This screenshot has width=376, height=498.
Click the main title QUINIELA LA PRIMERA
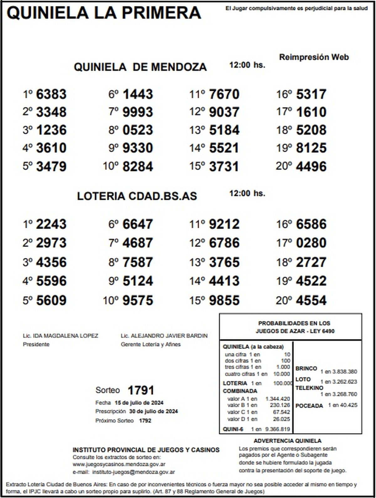pos(104,13)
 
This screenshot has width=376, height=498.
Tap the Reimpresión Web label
pos(314,57)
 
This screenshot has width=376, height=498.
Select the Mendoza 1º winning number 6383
pos(51,94)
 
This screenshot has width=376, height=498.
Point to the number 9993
pos(138,112)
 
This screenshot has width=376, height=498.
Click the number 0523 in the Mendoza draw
pos(138,130)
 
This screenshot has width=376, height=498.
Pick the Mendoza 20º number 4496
pos(311,166)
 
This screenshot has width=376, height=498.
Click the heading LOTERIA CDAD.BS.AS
pos(137,196)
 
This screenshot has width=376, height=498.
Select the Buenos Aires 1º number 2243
pos(51,224)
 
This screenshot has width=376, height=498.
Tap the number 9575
pos(138,300)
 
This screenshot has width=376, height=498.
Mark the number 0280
pos(311,243)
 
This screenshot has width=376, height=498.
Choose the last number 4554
pos(311,300)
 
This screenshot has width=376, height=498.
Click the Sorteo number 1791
pos(141,390)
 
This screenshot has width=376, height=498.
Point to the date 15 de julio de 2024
pos(139,403)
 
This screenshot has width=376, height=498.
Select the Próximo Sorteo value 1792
pos(145,420)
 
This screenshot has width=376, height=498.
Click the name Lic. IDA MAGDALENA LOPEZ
pos(60,336)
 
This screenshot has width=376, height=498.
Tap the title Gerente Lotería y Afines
pos(151,344)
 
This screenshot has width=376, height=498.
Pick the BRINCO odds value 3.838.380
pos(345,372)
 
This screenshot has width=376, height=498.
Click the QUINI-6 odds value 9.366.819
pos(278,429)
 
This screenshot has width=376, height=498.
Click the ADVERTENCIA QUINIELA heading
pos(287,441)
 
